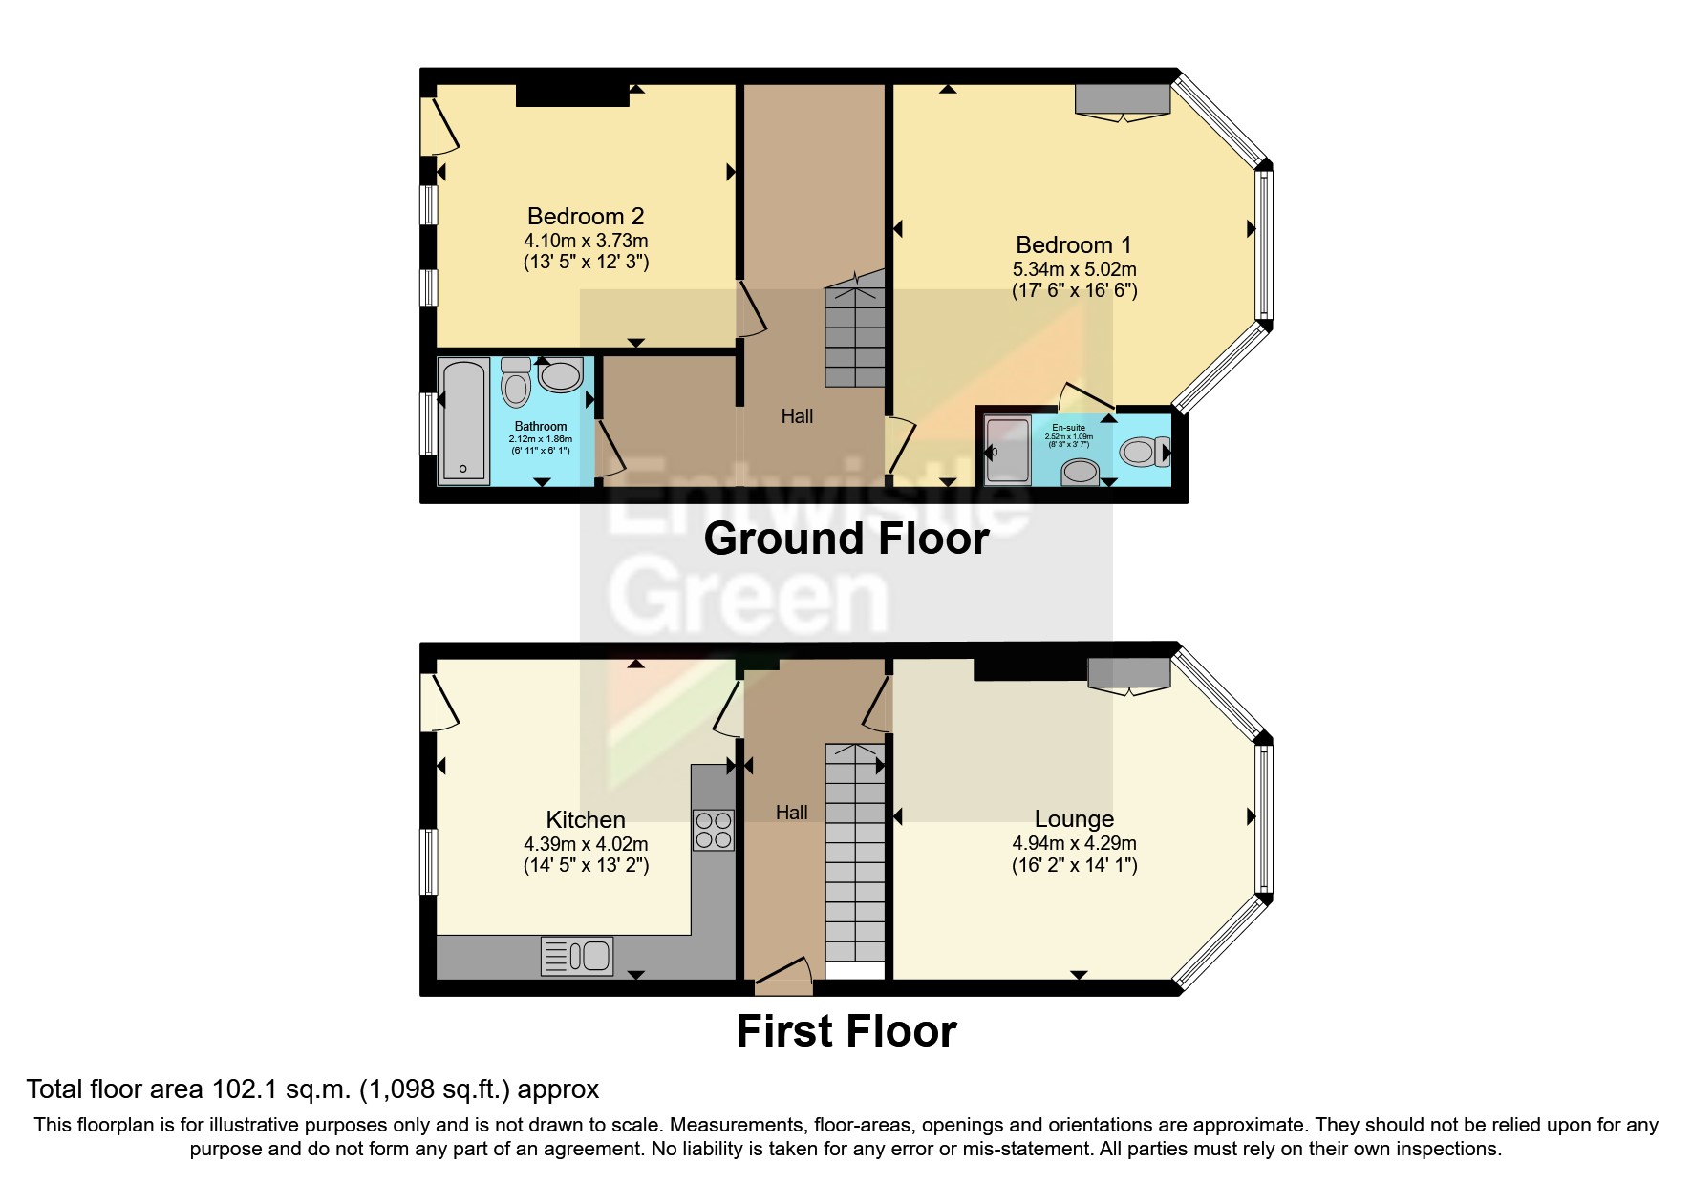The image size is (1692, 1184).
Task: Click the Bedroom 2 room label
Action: tap(586, 216)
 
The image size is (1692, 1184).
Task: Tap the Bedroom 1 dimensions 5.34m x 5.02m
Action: tap(1074, 269)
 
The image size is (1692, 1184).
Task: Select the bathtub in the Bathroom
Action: tap(463, 420)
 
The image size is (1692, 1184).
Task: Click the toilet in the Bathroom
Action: tap(516, 384)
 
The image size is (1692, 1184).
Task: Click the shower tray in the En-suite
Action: tap(1007, 450)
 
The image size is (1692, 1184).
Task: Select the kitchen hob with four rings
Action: tap(713, 829)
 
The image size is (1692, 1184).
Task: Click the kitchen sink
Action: tap(577, 956)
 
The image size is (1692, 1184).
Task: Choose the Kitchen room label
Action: tap(586, 819)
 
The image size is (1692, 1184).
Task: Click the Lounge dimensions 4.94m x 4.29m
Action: tap(1074, 843)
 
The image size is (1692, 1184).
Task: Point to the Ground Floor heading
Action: tap(846, 539)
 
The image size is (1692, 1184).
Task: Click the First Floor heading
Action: tap(846, 1031)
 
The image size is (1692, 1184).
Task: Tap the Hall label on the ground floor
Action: tap(797, 415)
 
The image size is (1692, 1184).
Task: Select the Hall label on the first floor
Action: tap(791, 812)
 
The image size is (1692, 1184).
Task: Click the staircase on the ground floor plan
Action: tap(854, 334)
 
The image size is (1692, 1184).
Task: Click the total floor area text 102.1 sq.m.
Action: tap(312, 1089)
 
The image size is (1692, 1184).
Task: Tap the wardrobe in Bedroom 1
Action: tap(1123, 98)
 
